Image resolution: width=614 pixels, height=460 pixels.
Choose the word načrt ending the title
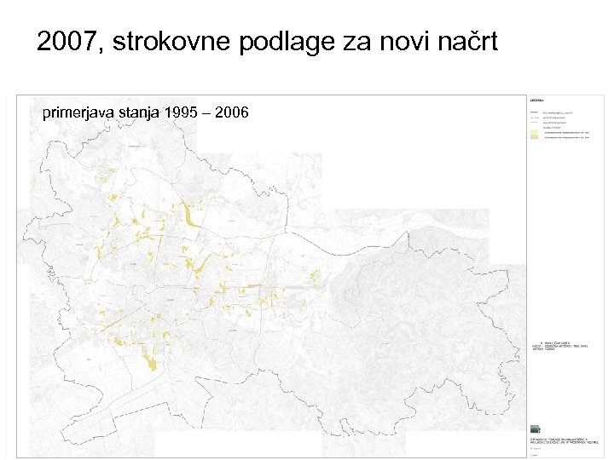[x=467, y=41]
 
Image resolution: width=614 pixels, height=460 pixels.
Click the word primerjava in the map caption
[x=78, y=112]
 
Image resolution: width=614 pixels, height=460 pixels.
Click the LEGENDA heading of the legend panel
[x=539, y=100]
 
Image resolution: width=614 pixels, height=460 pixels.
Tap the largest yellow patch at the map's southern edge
[x=153, y=365]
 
